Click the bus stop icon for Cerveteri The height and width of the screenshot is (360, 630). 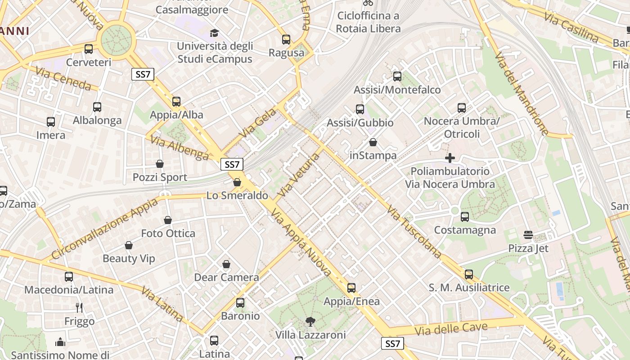tap(89, 49)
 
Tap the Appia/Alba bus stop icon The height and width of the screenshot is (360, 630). tap(176, 102)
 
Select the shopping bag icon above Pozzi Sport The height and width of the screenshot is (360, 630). tap(160, 164)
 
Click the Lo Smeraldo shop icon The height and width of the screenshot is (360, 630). tap(237, 182)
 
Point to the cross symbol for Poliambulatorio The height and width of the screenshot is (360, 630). tap(450, 158)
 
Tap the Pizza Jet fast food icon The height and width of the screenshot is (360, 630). tap(528, 235)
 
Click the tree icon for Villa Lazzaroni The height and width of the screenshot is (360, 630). tap(310, 321)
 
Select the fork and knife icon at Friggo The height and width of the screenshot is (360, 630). tap(79, 308)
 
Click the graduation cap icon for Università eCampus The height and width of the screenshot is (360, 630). tap(214, 33)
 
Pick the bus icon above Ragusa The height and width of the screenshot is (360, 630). tap(286, 40)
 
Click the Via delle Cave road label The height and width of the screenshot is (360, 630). tap(451, 328)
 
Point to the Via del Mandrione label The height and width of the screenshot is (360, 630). tap(522, 94)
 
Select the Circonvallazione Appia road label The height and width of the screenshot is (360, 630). tap(104, 229)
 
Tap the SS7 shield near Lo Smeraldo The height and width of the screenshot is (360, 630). tap(232, 164)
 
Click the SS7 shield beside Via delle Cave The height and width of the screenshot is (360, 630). tap(392, 344)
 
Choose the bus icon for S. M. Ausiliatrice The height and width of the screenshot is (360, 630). tap(469, 274)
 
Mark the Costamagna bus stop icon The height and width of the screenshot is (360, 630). tap(465, 217)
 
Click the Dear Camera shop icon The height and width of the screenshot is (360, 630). tap(226, 264)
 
